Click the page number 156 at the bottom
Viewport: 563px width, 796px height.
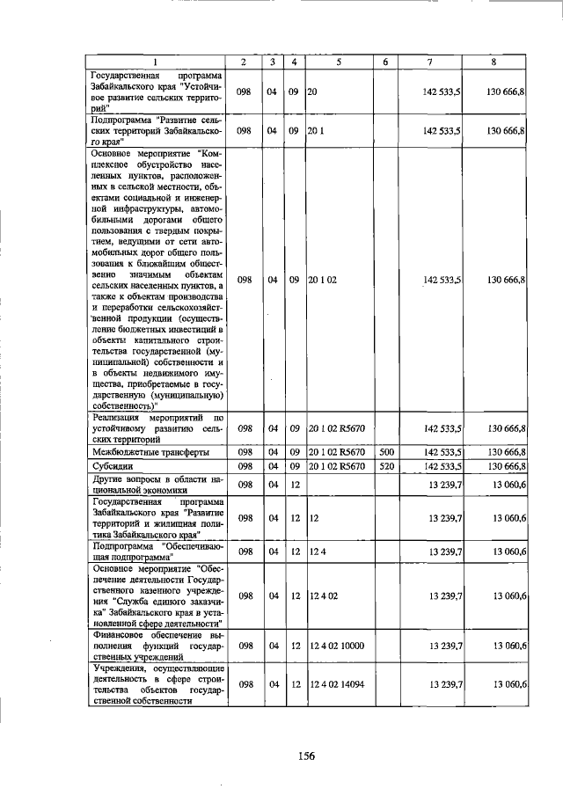(305, 755)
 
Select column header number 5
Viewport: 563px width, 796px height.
(338, 61)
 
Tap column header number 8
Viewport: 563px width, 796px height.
(496, 61)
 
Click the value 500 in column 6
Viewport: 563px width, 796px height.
(385, 451)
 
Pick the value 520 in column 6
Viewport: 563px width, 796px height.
(385, 465)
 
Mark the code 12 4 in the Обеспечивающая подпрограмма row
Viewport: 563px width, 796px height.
(317, 551)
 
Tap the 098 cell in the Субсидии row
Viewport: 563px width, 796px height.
(245, 465)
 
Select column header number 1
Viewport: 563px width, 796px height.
(155, 61)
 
